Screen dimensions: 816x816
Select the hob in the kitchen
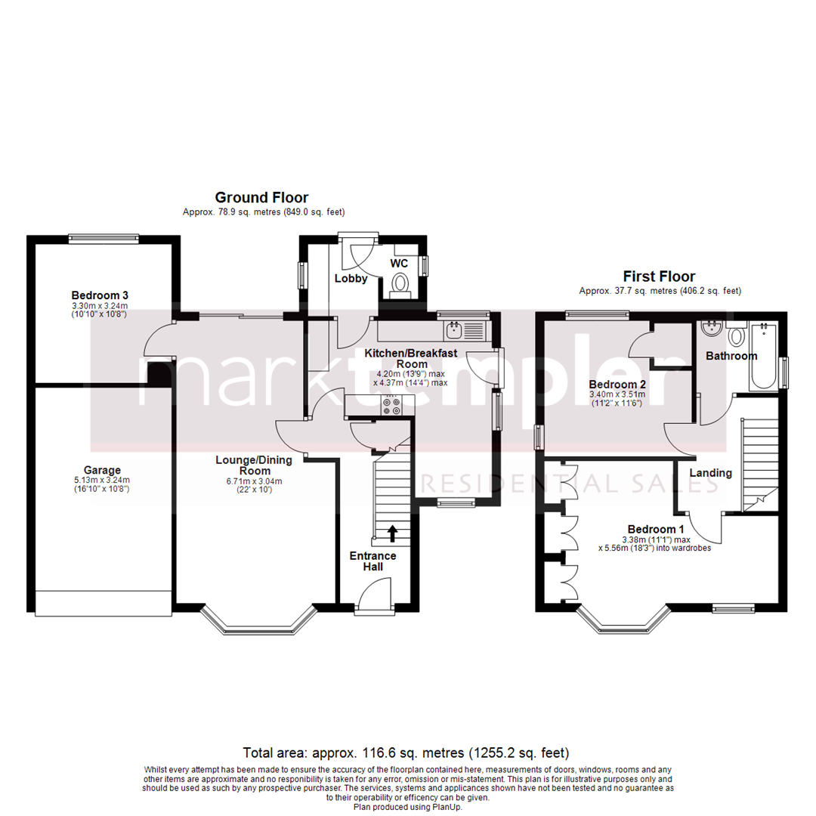pos(393,406)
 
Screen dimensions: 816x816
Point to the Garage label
pos(102,469)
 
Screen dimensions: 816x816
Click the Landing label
pos(711,473)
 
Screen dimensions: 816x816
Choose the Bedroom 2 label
pos(617,383)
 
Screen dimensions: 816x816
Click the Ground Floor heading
pos(261,198)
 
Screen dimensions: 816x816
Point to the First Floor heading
pos(659,277)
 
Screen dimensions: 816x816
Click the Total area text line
pos(406,753)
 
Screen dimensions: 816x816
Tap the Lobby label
pos(351,278)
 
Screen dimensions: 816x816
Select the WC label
pos(399,264)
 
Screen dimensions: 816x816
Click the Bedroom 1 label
pos(656,529)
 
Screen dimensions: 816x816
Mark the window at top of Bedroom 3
pos(104,239)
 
